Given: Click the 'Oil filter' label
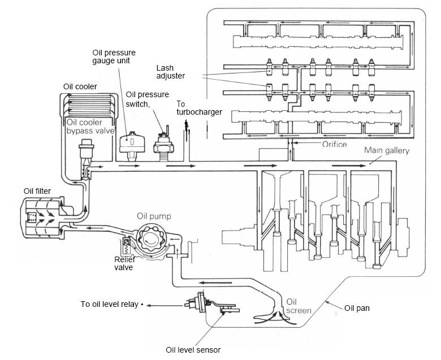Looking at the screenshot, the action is pos(37,191).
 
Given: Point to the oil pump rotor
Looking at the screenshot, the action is pos(151,240).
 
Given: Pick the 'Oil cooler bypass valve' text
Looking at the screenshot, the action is pos(90,127).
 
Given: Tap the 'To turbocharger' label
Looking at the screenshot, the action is pos(199,108).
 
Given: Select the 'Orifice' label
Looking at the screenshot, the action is pos(334,144).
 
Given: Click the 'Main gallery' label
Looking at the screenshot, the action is pos(387,150).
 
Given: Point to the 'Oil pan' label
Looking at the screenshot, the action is pos(357,308).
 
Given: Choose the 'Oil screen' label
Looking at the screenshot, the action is pos(299,306).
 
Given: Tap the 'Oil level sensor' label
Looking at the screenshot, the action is pos(193,350).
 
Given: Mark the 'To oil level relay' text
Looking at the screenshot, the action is pos(110,304).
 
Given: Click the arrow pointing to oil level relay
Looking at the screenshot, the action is pos(165,306).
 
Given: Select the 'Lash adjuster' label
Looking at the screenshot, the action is pos(170,72).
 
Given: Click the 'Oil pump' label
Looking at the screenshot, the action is pos(154,216).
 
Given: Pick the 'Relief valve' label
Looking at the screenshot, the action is pos(124,263).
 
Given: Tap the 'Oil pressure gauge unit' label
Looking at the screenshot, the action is pos(114,57).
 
